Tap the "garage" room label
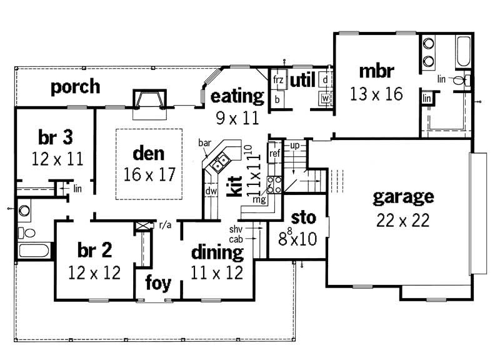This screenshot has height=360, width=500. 402,197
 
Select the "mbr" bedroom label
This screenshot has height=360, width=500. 375,71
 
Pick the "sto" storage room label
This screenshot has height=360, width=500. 304,219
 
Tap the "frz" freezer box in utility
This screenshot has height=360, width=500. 278,81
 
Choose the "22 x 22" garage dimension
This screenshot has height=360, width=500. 402,221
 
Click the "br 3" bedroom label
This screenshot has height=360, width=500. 49,136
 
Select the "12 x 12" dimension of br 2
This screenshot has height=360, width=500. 94,272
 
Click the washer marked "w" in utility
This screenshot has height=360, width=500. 325,98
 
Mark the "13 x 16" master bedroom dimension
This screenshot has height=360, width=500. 376,94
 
